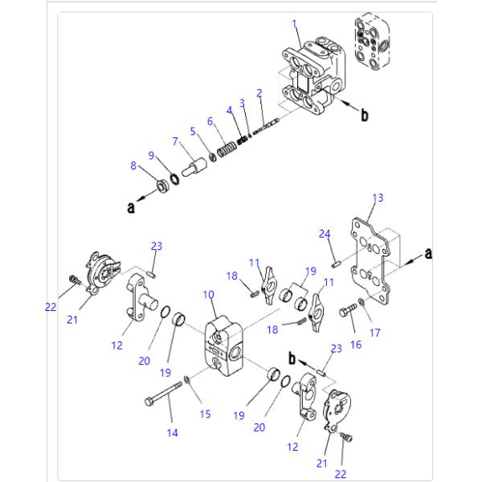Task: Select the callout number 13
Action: click(378, 197)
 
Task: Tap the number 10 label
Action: click(208, 296)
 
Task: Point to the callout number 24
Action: click(325, 234)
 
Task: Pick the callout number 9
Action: click(151, 155)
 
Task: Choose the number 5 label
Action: click(192, 131)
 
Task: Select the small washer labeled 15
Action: click(186, 379)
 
